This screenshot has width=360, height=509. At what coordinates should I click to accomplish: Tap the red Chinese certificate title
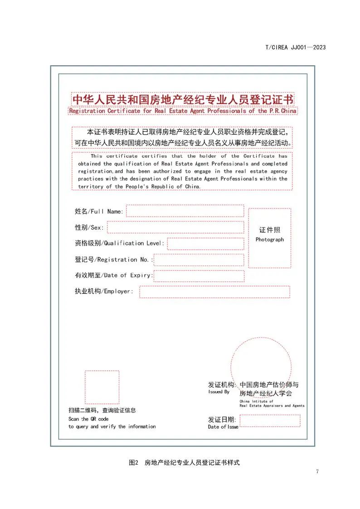[183, 99]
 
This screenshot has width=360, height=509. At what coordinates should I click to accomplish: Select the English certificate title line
[183, 111]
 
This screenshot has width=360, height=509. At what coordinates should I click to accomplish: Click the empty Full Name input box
[185, 211]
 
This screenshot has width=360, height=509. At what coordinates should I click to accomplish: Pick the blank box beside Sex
[175, 227]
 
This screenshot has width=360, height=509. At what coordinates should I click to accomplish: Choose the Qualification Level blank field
[205, 243]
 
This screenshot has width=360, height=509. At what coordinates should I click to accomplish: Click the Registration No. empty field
[199, 260]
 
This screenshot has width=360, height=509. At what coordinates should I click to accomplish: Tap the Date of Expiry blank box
[199, 276]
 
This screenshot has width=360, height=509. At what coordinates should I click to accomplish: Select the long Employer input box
[214, 292]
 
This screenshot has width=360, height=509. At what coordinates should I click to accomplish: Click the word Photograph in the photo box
[269, 239]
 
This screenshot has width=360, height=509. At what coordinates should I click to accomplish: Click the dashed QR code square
[102, 387]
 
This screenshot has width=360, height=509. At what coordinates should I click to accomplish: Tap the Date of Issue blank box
[270, 421]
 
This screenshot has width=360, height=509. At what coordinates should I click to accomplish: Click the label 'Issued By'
[219, 392]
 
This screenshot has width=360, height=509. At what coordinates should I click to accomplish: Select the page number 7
[317, 471]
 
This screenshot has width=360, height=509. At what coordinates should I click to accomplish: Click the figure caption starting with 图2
[184, 463]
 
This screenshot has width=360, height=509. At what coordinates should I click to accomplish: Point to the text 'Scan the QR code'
[88, 419]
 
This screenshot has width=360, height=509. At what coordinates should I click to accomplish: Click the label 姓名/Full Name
[99, 211]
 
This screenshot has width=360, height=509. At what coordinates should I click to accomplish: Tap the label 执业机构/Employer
[104, 291]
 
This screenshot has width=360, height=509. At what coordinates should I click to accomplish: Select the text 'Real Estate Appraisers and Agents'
[272, 406]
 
